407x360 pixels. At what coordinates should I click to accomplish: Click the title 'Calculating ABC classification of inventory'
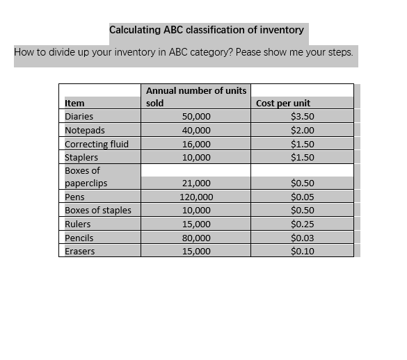(207, 30)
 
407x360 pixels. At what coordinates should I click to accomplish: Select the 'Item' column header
(74, 103)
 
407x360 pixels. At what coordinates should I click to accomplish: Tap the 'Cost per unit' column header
(283, 103)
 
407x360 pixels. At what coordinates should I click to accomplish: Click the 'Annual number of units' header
(195, 90)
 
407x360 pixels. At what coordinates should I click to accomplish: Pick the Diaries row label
(79, 116)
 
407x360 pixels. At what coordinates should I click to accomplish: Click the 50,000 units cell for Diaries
(195, 116)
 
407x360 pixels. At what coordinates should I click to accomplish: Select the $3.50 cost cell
(302, 116)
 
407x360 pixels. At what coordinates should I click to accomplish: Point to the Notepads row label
(85, 130)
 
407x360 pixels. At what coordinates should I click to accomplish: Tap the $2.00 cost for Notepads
(302, 130)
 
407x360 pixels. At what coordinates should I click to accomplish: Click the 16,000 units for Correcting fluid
(195, 144)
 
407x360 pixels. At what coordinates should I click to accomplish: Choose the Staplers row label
(81, 157)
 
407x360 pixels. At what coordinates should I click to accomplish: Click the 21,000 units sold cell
(195, 183)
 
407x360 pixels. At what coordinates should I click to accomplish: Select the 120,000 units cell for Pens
(195, 197)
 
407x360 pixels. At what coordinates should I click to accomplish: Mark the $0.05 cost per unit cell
(302, 197)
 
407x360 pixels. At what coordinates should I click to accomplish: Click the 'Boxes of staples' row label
(97, 210)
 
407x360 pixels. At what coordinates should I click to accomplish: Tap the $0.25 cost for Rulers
(302, 224)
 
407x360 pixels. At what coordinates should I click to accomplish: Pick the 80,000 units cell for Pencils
(195, 238)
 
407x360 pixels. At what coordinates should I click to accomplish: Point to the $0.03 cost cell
(302, 238)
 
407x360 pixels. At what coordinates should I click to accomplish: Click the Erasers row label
(80, 251)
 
